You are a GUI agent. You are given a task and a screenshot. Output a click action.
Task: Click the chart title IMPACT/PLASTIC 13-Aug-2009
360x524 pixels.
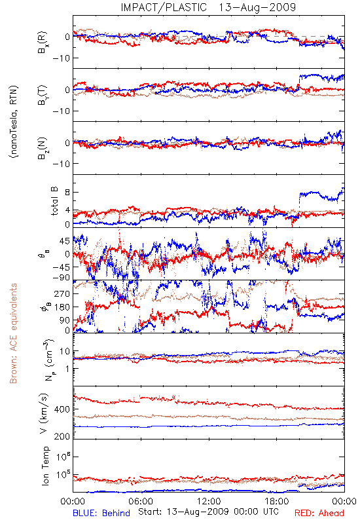point(208,7)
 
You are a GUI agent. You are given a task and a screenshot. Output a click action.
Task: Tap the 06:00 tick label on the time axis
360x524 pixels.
point(141,501)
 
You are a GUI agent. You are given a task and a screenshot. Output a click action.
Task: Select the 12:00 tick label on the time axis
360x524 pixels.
point(209,501)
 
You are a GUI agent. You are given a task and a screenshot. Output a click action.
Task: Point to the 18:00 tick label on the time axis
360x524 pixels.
point(277,501)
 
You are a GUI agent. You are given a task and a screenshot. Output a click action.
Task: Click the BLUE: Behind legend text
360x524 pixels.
point(101,513)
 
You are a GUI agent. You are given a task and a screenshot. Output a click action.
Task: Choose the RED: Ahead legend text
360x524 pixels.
point(319,513)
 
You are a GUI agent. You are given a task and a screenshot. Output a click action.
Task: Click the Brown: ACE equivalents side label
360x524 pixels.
point(13,333)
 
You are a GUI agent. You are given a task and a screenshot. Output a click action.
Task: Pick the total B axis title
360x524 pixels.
point(54,201)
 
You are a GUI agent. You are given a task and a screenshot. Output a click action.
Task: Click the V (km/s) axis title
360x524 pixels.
point(44,413)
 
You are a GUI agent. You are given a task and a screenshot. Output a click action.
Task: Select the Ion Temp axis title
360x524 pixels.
point(45,466)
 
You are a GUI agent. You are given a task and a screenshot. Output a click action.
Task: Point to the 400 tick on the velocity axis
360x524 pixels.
point(62,409)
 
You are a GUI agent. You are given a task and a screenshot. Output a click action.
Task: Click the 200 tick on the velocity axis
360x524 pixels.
point(62,436)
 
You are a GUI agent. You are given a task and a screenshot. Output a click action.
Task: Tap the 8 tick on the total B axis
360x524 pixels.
point(67,193)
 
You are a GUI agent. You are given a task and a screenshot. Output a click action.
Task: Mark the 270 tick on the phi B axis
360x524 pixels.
point(62,293)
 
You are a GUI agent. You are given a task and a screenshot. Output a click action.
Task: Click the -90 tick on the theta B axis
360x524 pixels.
point(61,277)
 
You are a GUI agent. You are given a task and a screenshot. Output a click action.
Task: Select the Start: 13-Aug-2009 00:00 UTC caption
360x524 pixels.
point(208,512)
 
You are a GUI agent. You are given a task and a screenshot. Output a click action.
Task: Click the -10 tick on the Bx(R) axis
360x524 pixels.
point(61,58)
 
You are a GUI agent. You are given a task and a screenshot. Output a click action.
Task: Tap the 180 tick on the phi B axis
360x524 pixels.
point(62,307)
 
